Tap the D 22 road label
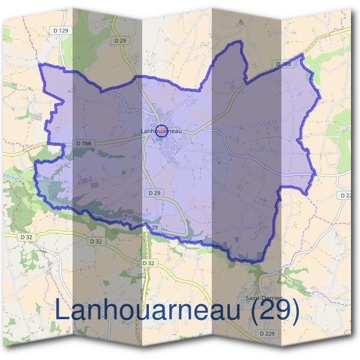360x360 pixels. click(x=346, y=196)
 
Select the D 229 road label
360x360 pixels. click(x=267, y=333)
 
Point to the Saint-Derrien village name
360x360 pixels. click(x=265, y=298)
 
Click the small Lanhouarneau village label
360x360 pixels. click(x=160, y=131)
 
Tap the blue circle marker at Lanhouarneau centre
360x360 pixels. click(x=161, y=130)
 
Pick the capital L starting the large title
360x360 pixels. click(x=61, y=310)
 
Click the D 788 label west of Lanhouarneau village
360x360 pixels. click(x=84, y=143)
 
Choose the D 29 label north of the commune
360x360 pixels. click(x=120, y=40)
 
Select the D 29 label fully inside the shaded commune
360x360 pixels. click(x=153, y=193)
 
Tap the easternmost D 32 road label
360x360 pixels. click(x=149, y=263)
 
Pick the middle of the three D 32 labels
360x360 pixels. click(x=96, y=241)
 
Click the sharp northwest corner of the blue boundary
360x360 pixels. click(x=40, y=64)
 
